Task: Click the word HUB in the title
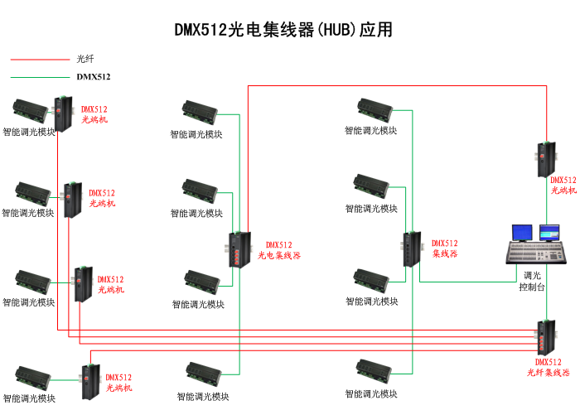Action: pos(336,30)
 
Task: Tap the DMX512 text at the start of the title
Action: pos(200,30)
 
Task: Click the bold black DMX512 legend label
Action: pos(94,77)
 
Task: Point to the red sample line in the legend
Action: pos(40,59)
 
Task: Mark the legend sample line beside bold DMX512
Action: pos(40,77)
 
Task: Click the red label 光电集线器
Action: pos(279,255)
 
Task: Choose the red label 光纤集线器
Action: pos(549,373)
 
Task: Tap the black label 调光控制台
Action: pos(532,282)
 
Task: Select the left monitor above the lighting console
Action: pos(522,232)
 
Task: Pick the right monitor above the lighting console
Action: pos(549,231)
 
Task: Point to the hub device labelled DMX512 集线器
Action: pos(412,249)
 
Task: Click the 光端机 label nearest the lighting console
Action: pos(563,185)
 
